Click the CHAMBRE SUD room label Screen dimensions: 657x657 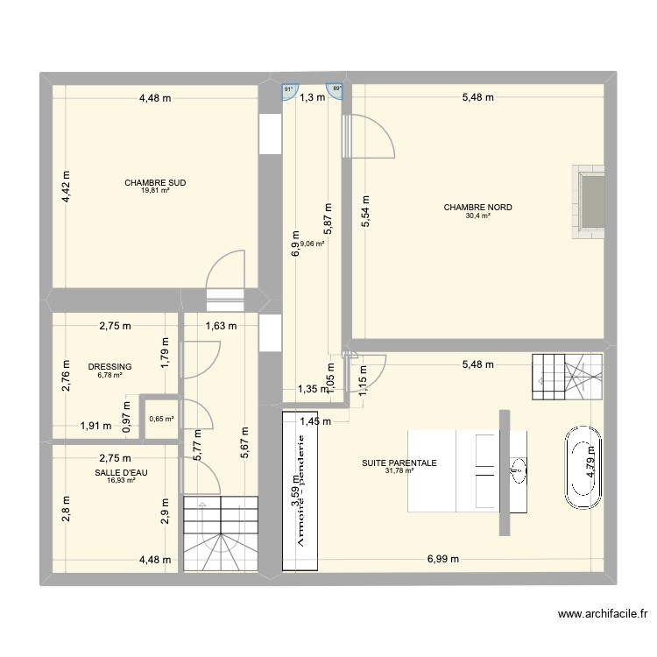point(155,184)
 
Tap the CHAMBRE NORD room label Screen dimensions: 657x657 point(477,208)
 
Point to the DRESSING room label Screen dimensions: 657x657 point(109,367)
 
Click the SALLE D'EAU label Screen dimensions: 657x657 point(115,472)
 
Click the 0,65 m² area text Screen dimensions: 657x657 point(161,419)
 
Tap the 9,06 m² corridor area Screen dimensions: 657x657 point(312,244)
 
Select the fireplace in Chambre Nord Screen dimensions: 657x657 point(588,201)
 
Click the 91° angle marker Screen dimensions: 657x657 point(288,89)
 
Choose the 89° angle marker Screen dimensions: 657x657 point(335,89)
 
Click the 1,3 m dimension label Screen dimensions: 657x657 point(312,98)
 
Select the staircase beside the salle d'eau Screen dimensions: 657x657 point(222,533)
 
